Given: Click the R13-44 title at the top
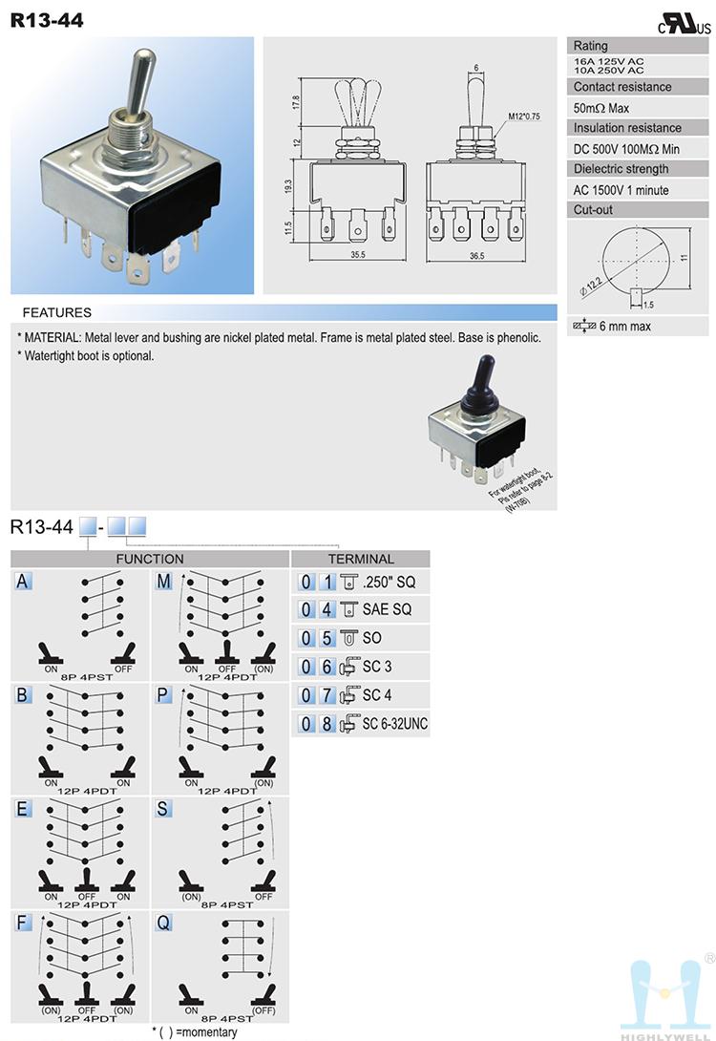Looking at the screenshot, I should (x=47, y=18).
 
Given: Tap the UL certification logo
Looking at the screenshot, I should (x=684, y=25).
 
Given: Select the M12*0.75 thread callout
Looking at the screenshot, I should (x=524, y=116).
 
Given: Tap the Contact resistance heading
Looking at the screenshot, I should (x=621, y=87).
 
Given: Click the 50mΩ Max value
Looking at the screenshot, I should (x=601, y=108).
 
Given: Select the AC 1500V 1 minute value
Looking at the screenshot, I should (x=621, y=190).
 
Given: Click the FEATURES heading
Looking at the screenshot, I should (x=57, y=312).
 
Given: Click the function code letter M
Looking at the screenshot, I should (x=164, y=581).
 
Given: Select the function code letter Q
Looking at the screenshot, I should (x=164, y=923).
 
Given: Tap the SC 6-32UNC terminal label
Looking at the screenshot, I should (x=395, y=724).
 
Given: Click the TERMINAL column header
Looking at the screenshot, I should (x=361, y=559).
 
